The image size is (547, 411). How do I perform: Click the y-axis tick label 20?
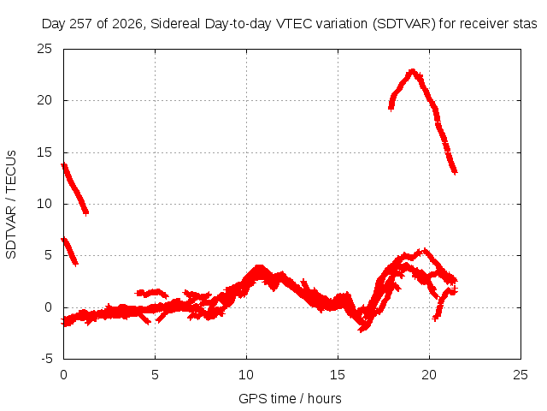[x=44, y=101]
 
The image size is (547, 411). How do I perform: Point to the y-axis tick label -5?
[x=46, y=359]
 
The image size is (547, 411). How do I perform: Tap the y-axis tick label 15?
[x=44, y=152]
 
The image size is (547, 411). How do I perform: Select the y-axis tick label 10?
[x=44, y=204]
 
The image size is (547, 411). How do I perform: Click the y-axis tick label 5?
[x=48, y=255]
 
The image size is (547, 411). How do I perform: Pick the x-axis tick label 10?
[x=246, y=375]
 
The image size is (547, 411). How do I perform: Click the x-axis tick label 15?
[x=338, y=375]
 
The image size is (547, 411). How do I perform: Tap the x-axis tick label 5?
[x=155, y=375]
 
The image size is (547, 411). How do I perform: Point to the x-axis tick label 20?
[x=429, y=375]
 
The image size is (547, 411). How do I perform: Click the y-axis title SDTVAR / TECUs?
[x=11, y=205]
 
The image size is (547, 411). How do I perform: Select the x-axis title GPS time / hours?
[x=290, y=399]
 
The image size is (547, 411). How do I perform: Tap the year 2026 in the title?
[x=127, y=24]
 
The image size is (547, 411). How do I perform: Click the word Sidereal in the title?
[x=175, y=24]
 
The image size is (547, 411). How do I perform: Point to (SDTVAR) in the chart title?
[x=404, y=24]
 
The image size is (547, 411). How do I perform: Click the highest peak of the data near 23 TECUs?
[x=413, y=71]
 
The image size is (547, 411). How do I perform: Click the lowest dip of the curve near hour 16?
[x=362, y=330]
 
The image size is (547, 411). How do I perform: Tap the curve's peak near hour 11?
[x=259, y=268]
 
